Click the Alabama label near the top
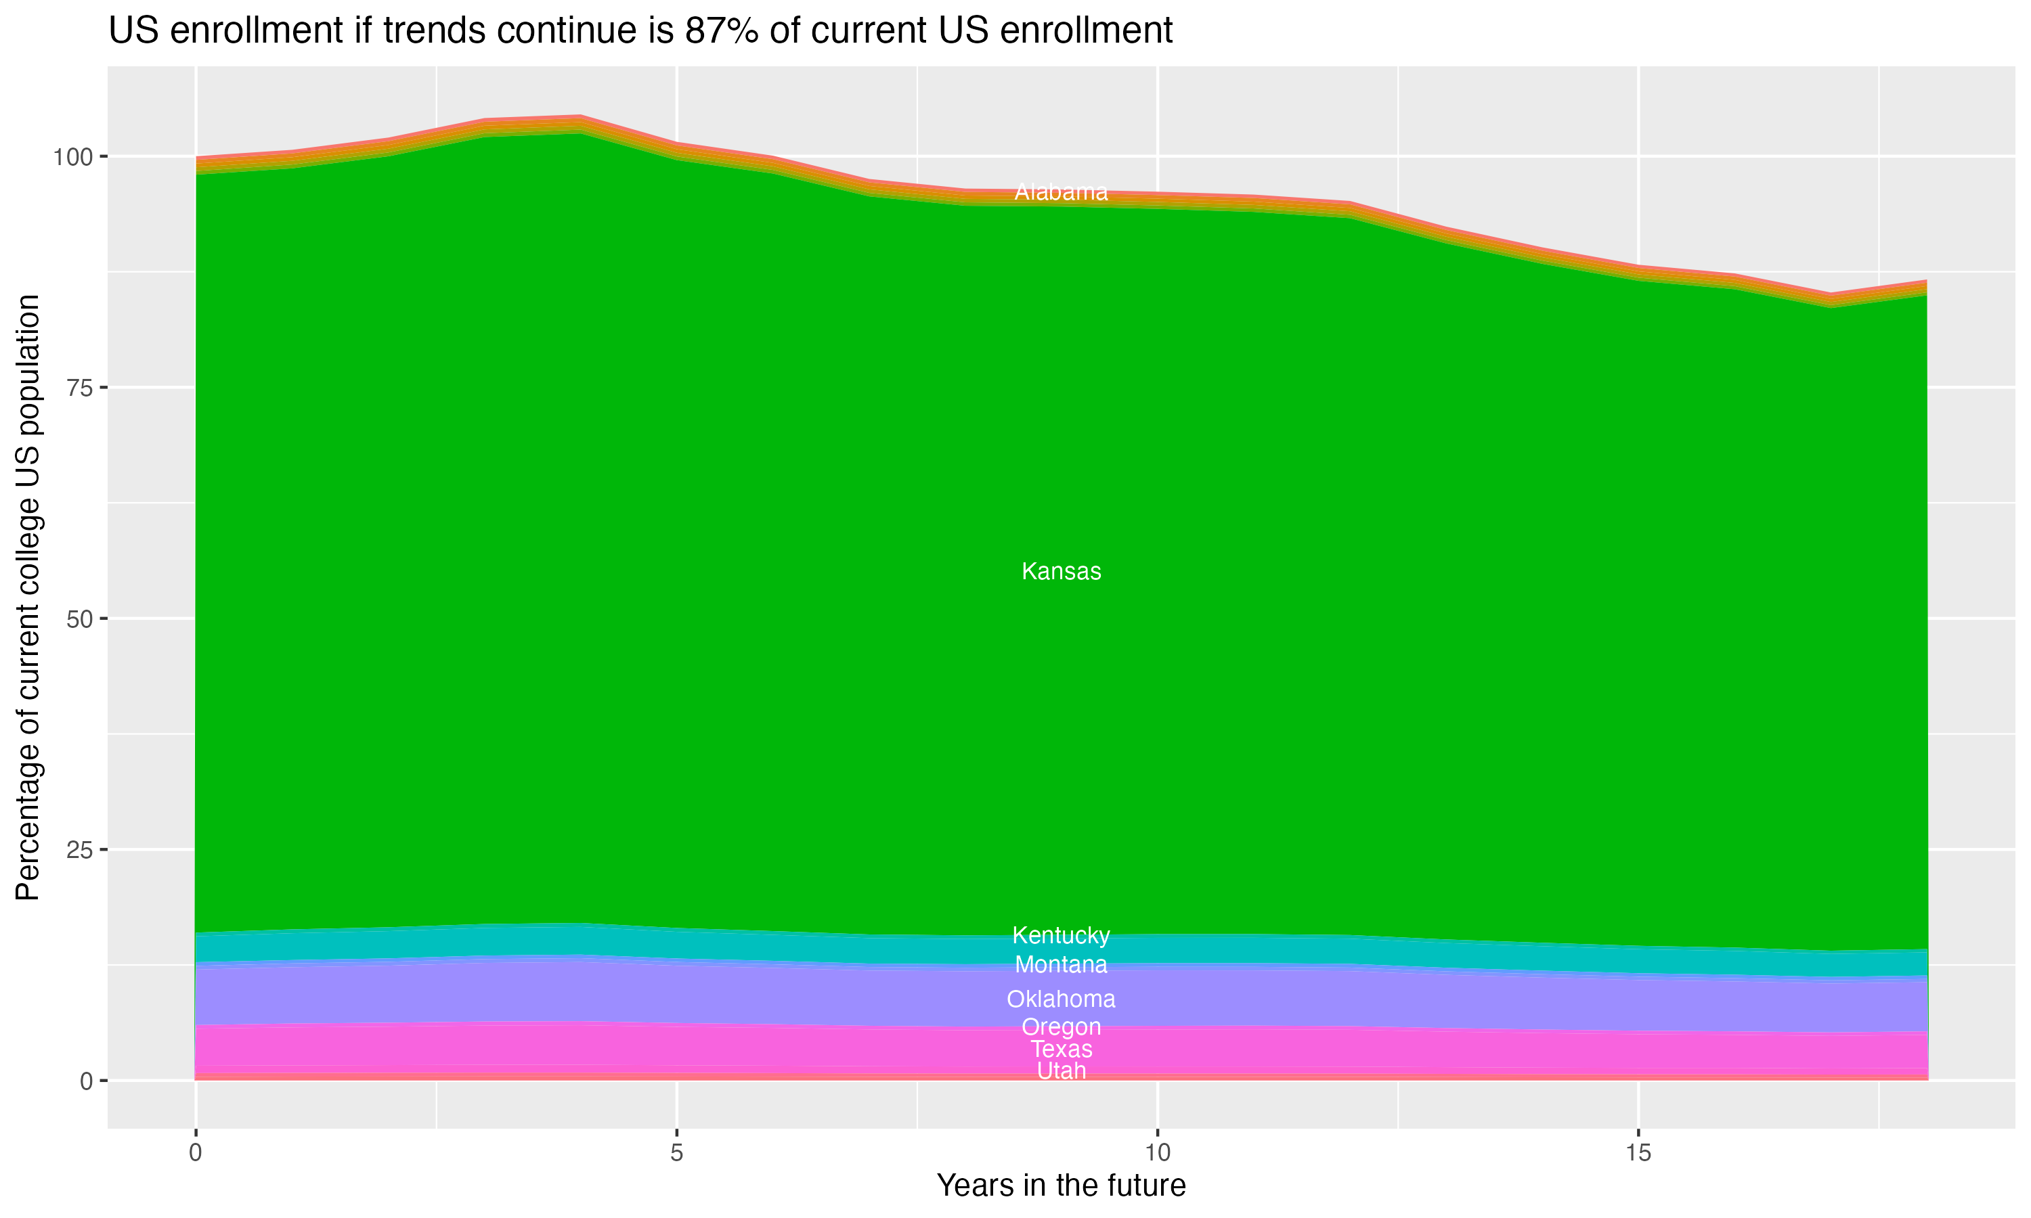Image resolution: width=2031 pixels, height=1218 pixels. coord(1061,192)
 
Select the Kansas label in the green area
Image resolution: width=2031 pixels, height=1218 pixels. coord(1061,571)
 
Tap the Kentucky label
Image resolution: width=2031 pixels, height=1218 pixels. coord(1061,935)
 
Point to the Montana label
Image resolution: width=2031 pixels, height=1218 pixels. coord(1061,964)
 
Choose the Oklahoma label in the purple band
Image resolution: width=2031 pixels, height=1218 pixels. coord(1061,999)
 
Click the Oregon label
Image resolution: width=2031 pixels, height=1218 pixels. coord(1061,1027)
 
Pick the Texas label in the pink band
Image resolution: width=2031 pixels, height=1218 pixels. coord(1061,1049)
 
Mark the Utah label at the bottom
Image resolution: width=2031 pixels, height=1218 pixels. coord(1061,1071)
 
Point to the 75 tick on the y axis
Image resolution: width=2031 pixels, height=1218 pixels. coord(77,388)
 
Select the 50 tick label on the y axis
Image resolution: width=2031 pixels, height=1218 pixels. coord(77,619)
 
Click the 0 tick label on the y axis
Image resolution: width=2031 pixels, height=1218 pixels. coord(85,1081)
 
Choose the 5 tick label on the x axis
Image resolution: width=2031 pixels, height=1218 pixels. coord(676,1153)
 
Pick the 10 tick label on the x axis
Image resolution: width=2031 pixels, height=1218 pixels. coord(1157,1153)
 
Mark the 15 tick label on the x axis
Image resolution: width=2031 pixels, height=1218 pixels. coord(1638,1153)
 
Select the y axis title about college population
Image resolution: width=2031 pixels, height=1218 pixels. coord(28,597)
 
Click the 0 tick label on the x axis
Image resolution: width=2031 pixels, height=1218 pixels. coord(196,1153)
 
